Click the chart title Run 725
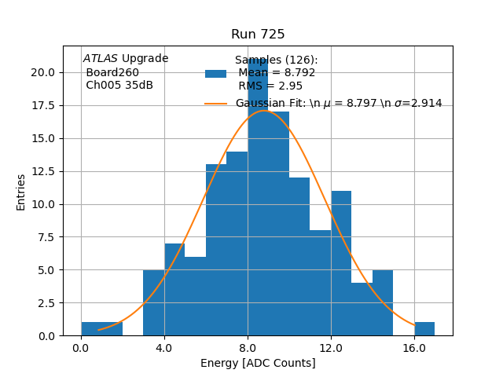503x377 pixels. pos(258,35)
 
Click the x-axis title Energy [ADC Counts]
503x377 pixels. pos(258,363)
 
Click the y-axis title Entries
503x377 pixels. pos(21,192)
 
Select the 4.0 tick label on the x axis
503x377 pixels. pos(164,348)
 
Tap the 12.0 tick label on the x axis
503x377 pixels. pos(331,348)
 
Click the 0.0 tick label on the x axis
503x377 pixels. pos(81,348)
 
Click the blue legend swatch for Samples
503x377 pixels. pos(215,73)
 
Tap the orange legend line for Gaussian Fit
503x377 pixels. pos(215,104)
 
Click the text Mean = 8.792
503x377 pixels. pos(277,73)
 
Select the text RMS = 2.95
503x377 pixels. pos(270,86)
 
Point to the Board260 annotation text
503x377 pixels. pos(112,72)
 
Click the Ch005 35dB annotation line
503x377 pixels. pos(119,85)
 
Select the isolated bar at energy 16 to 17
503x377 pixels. pos(424,329)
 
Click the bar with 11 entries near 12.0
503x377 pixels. pos(341,263)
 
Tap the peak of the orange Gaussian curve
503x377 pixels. pos(265,111)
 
